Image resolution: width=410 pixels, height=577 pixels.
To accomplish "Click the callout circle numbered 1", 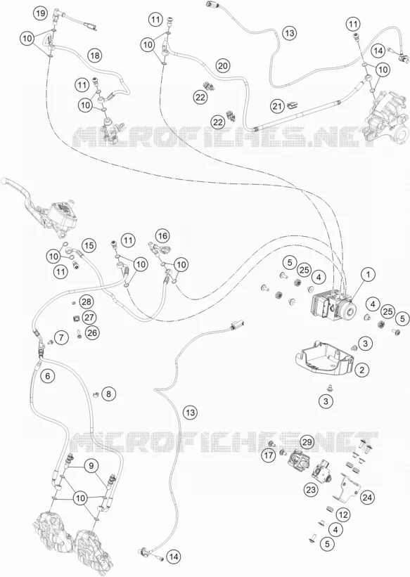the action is point(368,274).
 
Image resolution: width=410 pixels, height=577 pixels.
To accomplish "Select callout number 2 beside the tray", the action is point(361,370).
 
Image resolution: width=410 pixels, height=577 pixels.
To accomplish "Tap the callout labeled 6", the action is point(48,376).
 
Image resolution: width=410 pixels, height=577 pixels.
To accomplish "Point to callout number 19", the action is point(40,13).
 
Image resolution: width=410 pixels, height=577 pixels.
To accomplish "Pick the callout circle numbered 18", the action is point(95,56).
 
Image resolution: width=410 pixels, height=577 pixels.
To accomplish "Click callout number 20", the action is point(222,66).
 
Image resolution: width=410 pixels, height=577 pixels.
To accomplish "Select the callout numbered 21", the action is point(277,106).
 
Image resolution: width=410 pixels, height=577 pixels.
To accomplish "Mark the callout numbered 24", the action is point(367,498).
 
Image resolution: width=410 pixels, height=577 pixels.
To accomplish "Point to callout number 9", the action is point(91,466).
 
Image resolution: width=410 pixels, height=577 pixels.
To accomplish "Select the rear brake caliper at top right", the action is point(387,122).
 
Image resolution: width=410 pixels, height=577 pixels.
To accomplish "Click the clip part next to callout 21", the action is point(293,105).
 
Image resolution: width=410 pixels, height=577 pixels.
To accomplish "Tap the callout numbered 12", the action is point(343,514).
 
